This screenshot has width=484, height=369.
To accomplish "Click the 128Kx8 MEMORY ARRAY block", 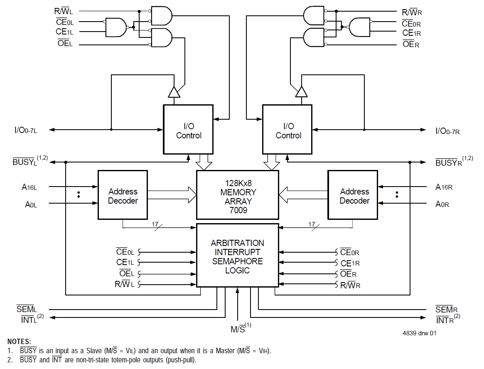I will coord(237,194).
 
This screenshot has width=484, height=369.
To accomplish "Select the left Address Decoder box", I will coord(123,195).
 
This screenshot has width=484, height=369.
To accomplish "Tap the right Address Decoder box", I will coord(353,195).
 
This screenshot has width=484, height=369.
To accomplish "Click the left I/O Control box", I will coord(188,129).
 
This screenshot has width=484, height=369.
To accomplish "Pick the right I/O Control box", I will coord(287,129).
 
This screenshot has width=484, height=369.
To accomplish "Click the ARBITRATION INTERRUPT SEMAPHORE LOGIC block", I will coord(237,255).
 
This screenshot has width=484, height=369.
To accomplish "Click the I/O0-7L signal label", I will coord(26,130).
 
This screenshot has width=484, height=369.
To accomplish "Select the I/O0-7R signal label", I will coord(447,131).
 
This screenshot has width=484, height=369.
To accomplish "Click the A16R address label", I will coord(444,187).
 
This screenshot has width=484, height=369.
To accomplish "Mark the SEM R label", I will coord(446,310).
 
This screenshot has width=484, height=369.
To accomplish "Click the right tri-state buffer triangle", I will coord(301,92).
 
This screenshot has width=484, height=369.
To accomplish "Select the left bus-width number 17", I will coord(155,224).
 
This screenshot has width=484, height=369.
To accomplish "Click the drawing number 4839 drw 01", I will coord(419,333).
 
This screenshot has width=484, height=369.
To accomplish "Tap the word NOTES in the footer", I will coord(19,341).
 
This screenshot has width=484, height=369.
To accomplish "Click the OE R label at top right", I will coord(410,44).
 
